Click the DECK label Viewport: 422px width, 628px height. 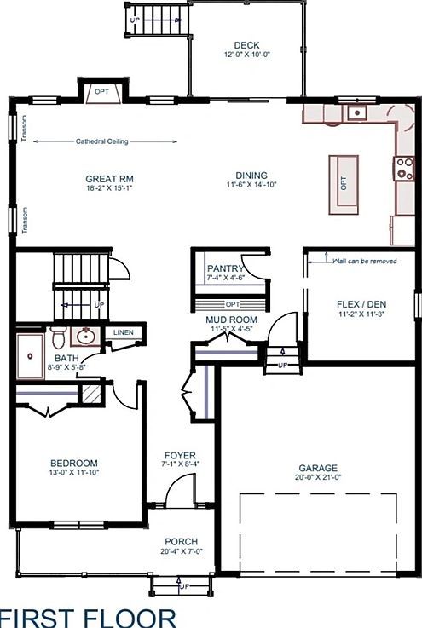[x=246, y=46]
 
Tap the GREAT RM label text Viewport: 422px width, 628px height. [x=109, y=179]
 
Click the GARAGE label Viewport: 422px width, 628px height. [x=317, y=468]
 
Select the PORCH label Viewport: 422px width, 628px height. [x=181, y=541]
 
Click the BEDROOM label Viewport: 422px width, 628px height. [x=73, y=463]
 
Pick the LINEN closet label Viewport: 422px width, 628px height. [x=124, y=331]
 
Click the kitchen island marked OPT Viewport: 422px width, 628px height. [x=344, y=183]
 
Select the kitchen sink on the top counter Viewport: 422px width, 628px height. [x=356, y=113]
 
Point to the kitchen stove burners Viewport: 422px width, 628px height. [x=402, y=168]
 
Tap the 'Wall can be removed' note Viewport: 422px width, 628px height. [x=365, y=261]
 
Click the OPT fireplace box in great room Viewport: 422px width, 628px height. [x=101, y=92]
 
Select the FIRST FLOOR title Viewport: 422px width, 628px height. [x=88, y=617]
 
